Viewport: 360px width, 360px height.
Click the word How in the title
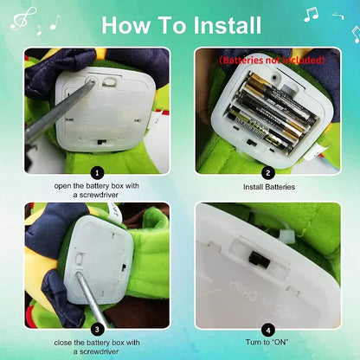[x=130, y=25]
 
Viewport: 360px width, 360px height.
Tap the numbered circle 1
[x=98, y=172]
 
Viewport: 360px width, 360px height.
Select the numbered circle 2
[x=267, y=172]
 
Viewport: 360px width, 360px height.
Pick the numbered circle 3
[x=98, y=328]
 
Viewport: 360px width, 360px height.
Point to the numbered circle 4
[x=267, y=328]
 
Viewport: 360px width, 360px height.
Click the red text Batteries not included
[x=271, y=61]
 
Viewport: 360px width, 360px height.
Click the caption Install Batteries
[x=267, y=186]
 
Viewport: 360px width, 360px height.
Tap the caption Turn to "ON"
[x=267, y=342]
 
